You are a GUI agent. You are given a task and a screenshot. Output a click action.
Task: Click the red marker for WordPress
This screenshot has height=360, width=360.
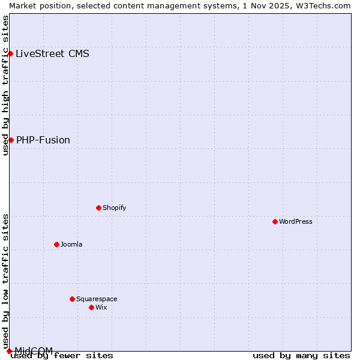point(275,221)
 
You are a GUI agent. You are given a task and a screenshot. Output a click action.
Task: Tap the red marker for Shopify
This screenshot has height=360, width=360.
point(99,208)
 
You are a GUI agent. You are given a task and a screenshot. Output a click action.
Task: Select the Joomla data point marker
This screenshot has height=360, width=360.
point(57,244)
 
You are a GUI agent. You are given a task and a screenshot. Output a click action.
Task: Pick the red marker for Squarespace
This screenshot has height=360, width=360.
point(73,299)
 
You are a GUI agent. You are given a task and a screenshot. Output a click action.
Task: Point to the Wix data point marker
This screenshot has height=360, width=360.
point(92,307)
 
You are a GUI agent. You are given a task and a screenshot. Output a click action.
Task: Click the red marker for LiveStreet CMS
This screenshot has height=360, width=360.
point(10,53)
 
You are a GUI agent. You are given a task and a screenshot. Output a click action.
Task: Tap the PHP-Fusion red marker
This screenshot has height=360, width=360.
point(11,140)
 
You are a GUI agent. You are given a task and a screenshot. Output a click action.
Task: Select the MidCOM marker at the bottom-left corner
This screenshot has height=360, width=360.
point(9,351)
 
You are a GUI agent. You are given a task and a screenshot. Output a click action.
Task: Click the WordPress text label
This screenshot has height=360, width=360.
point(296,221)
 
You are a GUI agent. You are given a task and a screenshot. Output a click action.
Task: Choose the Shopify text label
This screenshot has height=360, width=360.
point(114,208)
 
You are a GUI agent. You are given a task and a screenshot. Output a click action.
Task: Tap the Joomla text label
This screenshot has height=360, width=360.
point(71,244)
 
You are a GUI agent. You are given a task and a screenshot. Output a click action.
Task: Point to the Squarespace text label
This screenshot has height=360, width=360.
point(97,299)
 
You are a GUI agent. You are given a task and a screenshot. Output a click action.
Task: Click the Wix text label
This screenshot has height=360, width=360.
point(101,307)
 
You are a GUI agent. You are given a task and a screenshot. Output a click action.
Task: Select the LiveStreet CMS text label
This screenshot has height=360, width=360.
point(52,53)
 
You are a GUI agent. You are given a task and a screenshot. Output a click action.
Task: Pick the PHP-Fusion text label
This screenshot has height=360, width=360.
point(43,140)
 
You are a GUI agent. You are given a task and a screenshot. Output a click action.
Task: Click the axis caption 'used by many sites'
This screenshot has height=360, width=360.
point(301,356)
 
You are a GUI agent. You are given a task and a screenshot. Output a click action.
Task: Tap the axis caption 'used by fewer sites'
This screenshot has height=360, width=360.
point(62,356)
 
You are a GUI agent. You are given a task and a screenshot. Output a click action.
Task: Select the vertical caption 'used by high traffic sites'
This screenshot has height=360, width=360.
point(6,85)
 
